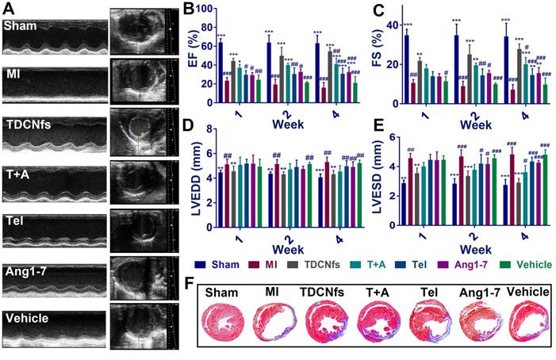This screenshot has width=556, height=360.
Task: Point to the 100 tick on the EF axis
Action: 204,9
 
